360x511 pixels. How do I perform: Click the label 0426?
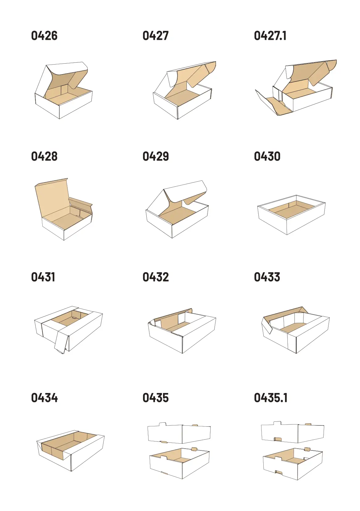pyautogui.click(x=44, y=36)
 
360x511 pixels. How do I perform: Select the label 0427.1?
pyautogui.click(x=270, y=36)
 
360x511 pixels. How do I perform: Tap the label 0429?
pyautogui.click(x=156, y=157)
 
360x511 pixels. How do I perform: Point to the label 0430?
pyautogui.click(x=267, y=157)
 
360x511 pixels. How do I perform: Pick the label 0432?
pyautogui.click(x=156, y=277)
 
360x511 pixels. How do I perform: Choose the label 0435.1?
pyautogui.click(x=271, y=398)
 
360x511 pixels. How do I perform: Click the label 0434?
pyautogui.click(x=44, y=398)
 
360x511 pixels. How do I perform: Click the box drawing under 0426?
pyautogui.click(x=64, y=90)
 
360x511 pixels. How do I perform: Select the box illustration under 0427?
pyautogui.click(x=184, y=90)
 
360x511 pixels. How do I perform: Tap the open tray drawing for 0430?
pyautogui.click(x=291, y=215)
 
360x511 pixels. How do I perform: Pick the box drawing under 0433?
pyautogui.click(x=295, y=330)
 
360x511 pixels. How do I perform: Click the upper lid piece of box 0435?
pyautogui.click(x=179, y=433)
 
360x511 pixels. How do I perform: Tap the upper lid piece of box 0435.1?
pyautogui.click(x=292, y=432)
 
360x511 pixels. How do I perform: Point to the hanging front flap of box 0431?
pyautogui.click(x=61, y=342)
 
